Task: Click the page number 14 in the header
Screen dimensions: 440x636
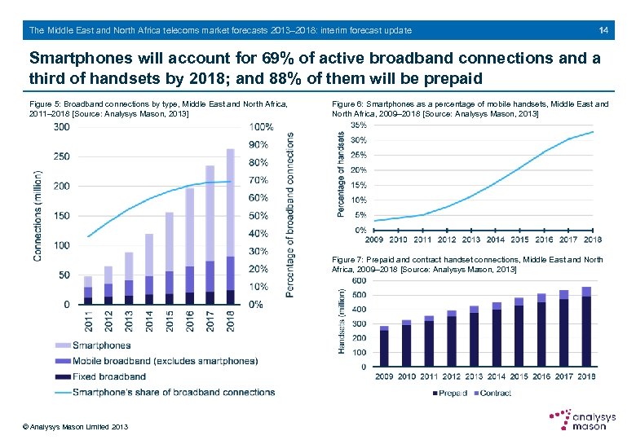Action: coord(603,30)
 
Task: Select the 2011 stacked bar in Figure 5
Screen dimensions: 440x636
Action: coord(88,290)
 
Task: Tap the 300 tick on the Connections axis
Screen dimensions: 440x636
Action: coord(61,126)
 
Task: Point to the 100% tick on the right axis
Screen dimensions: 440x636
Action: coord(262,127)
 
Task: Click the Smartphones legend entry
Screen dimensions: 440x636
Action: coord(100,345)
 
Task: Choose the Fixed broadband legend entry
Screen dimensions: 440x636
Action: coord(108,376)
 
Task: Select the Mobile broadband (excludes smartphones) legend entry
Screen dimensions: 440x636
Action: coord(164,361)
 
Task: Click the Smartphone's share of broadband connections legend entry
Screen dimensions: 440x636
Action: coord(173,392)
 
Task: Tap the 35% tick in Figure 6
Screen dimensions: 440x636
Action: coord(358,125)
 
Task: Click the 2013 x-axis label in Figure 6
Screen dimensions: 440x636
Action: coord(471,240)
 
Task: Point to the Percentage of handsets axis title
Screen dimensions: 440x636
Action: coord(340,175)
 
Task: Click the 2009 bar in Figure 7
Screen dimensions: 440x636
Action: coord(384,346)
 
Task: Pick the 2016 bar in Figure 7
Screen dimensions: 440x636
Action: coord(541,330)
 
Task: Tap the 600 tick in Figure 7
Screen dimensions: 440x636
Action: coord(358,280)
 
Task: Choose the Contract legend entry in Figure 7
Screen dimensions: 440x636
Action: coord(494,393)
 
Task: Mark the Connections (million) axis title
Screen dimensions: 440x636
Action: coord(38,216)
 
